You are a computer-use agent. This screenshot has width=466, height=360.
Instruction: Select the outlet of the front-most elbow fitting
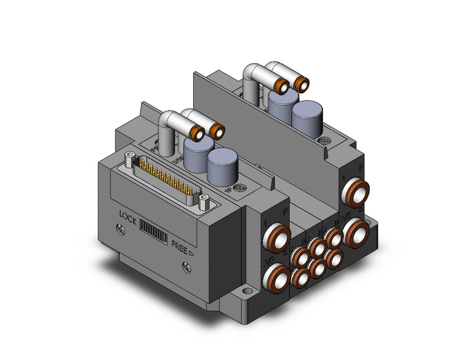coord(199,134)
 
